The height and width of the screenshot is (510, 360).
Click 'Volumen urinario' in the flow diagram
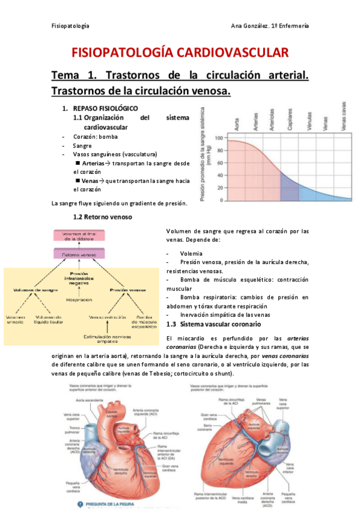[x=17, y=319]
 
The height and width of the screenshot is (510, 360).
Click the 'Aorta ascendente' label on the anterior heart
[x=88, y=399]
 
